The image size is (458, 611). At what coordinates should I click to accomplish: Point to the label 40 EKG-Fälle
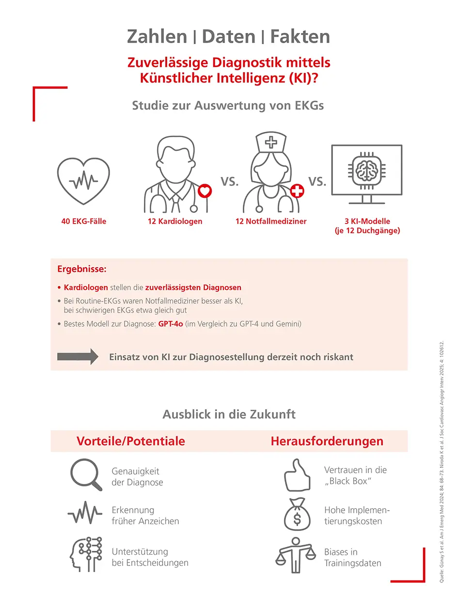84,222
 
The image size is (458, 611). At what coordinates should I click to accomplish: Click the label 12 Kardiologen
175,222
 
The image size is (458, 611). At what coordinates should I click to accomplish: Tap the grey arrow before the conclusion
78,357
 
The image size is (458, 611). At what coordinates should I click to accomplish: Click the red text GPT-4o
170,324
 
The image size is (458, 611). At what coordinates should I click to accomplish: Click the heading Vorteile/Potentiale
130,441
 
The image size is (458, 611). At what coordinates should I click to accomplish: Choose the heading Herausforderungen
327,441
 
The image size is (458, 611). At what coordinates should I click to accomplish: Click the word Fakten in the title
300,37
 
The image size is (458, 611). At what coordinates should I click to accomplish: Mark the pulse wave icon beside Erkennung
85,515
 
